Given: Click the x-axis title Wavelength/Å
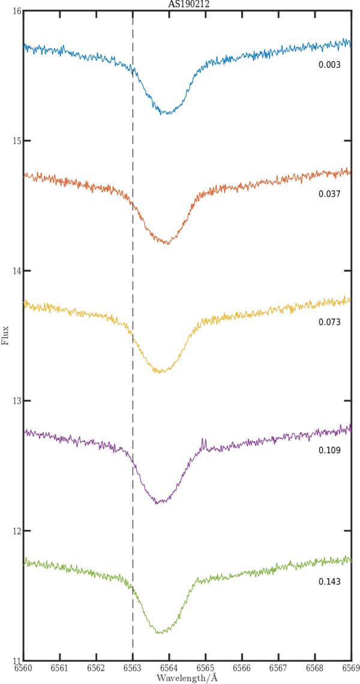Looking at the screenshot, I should [186, 677].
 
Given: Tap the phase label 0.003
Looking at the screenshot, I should [329, 63].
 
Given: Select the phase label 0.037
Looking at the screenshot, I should [329, 194].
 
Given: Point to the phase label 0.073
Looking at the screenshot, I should [329, 322].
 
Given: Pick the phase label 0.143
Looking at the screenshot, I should [329, 581].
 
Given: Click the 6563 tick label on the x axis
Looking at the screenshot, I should [133, 668].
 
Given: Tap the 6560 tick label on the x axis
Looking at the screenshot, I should [23, 668].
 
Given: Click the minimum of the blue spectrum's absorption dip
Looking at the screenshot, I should [166, 113].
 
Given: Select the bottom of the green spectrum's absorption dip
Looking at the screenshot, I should [161, 632].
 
